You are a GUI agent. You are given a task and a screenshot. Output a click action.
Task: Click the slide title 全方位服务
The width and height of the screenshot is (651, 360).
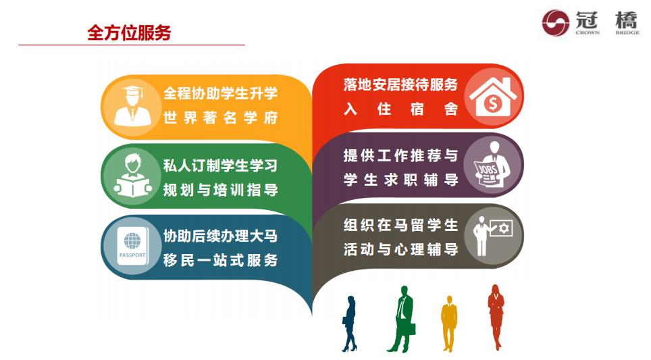pyautogui.click(x=129, y=32)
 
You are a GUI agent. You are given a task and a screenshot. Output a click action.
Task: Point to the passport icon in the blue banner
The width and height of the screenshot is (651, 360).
pyautogui.click(x=132, y=248)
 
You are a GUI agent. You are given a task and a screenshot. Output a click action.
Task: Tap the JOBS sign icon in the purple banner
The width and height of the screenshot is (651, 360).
pyautogui.click(x=491, y=165)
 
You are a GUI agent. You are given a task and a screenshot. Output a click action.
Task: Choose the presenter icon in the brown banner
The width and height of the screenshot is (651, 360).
pyautogui.click(x=491, y=235)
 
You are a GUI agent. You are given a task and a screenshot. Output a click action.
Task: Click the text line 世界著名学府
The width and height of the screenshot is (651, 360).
pyautogui.click(x=220, y=118)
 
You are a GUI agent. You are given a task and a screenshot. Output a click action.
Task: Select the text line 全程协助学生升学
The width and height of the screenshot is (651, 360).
pyautogui.click(x=220, y=94)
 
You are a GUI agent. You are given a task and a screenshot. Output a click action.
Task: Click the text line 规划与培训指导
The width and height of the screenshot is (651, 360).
pyautogui.click(x=220, y=190)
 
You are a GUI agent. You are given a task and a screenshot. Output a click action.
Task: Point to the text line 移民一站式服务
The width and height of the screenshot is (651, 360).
pyautogui.click(x=220, y=260)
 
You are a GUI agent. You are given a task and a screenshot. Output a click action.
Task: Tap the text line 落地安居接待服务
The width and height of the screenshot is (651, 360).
pyautogui.click(x=400, y=84)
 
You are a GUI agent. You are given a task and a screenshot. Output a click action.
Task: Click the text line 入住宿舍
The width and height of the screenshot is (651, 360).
pyautogui.click(x=400, y=109)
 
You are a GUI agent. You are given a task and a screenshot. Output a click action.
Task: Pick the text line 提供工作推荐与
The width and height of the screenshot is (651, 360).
pyautogui.click(x=400, y=155)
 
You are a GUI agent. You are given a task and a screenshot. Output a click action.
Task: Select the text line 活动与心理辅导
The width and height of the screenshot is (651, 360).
pyautogui.click(x=400, y=249)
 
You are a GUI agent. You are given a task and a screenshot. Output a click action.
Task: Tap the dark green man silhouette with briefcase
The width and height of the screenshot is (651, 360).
pyautogui.click(x=404, y=318)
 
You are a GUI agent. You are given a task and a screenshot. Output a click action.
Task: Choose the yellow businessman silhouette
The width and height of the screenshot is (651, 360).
pyautogui.click(x=449, y=322)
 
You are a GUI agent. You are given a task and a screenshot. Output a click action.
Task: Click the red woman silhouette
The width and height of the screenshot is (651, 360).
pyautogui.click(x=496, y=315)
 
